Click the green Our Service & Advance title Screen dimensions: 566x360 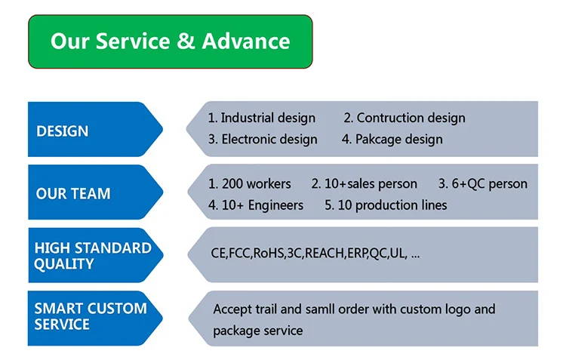click(170, 41)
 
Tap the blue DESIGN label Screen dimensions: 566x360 click(63, 131)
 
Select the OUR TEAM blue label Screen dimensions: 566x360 click(73, 194)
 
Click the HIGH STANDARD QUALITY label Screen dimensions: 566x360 click(92, 256)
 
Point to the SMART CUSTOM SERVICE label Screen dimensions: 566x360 click(90, 316)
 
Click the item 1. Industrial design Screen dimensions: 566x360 click(262, 118)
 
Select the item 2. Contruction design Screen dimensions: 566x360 click(405, 118)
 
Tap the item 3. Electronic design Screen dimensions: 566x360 click(263, 140)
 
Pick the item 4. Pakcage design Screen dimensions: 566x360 click(392, 140)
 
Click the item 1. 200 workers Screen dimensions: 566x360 click(250, 183)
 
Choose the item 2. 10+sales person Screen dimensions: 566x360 click(364, 183)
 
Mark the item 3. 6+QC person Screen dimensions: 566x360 click(483, 183)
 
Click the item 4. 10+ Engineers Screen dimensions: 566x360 click(256, 205)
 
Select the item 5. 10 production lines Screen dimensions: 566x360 click(386, 205)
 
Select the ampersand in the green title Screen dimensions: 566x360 click(186, 41)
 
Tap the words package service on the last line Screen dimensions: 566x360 click(258, 331)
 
